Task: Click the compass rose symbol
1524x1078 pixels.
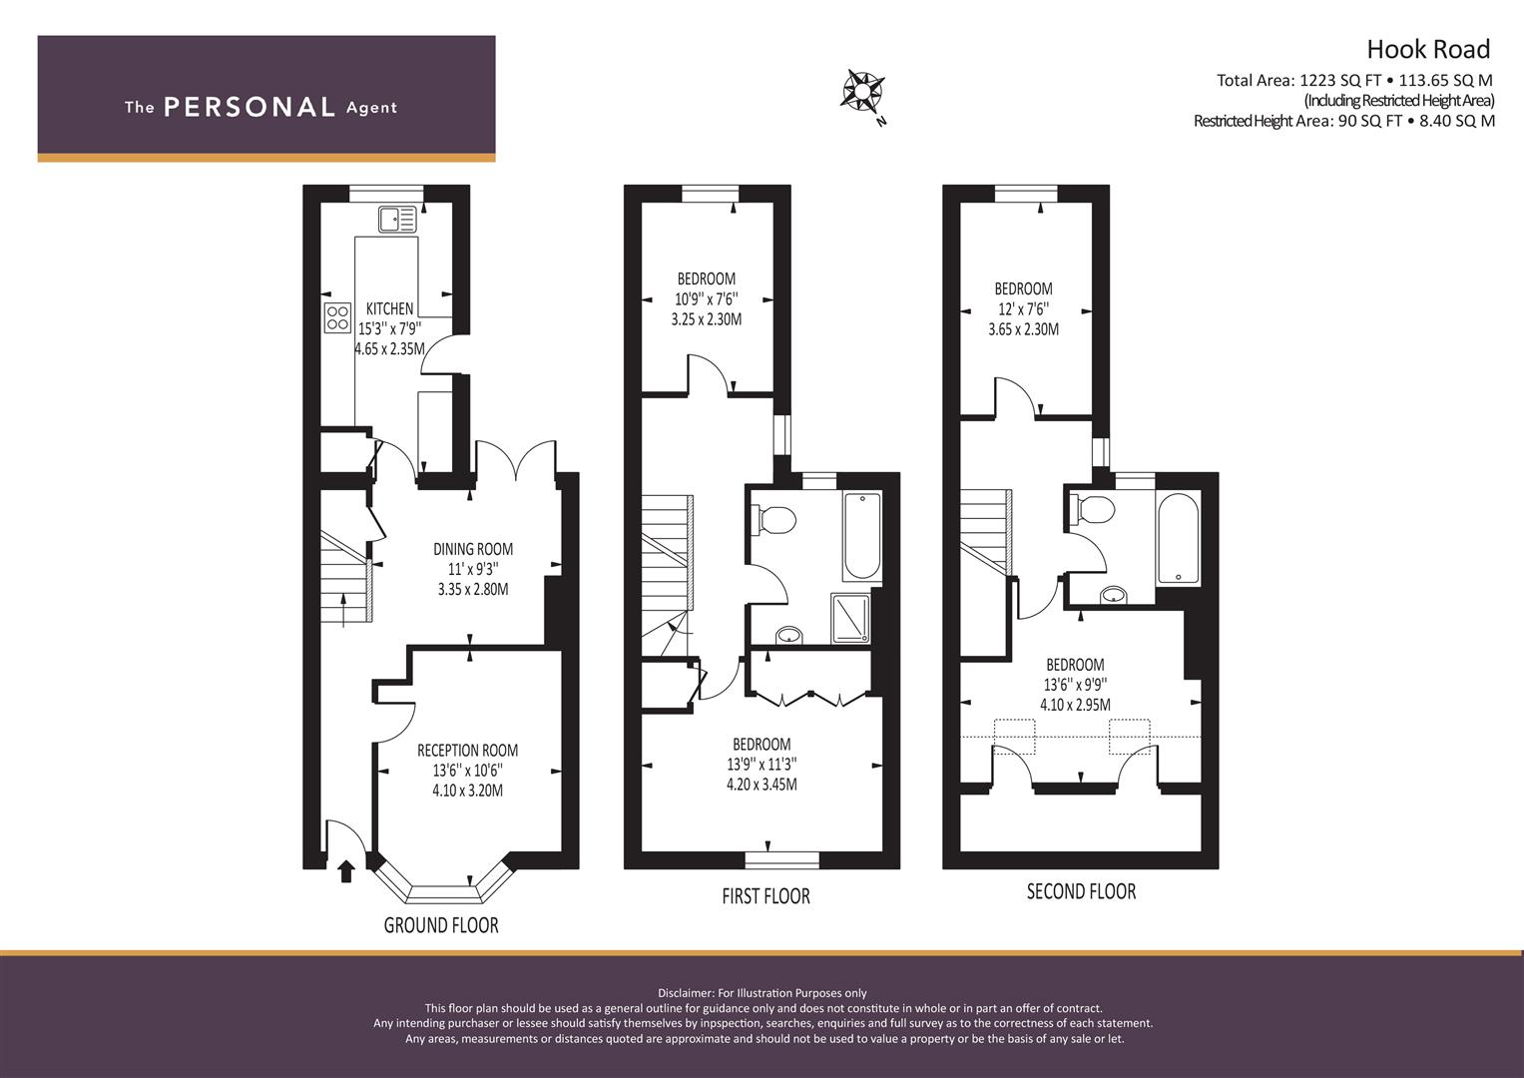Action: pos(863,93)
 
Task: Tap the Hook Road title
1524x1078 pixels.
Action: pos(1429,50)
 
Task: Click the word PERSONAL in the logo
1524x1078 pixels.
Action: pos(250,107)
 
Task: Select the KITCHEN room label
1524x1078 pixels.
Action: pos(389,308)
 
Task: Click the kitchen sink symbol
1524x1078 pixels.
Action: pos(397,220)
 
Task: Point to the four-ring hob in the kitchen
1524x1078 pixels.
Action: pos(338,317)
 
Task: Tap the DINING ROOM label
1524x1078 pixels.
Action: pos(473,549)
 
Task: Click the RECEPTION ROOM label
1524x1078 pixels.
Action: pos(467,751)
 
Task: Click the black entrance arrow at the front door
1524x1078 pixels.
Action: pos(346,871)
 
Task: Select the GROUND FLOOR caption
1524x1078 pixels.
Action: pos(441,925)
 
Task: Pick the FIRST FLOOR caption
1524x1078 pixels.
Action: pos(766,896)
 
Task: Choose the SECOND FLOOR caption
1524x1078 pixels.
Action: pos(1081,891)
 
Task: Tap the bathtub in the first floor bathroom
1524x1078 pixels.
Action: pos(862,537)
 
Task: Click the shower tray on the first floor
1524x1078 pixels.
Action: pos(850,618)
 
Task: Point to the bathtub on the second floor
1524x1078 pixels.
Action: pos(1179,537)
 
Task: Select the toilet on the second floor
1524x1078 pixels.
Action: pos(1092,508)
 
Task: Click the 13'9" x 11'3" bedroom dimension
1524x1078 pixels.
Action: pos(762,765)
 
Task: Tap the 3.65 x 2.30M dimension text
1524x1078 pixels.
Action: pos(1023,329)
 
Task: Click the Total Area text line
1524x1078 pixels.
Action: pos(1354,80)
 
